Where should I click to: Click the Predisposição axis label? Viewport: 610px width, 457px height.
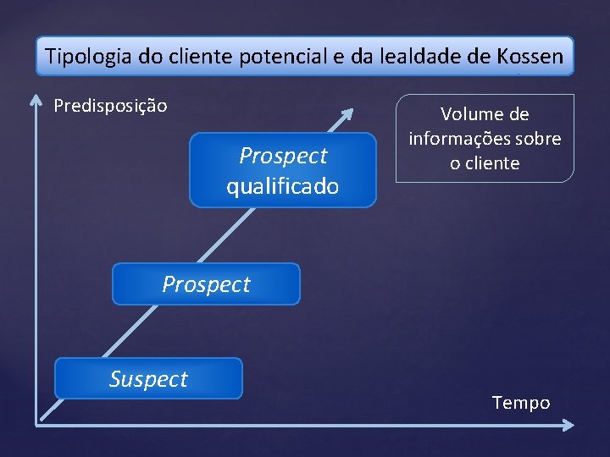110,106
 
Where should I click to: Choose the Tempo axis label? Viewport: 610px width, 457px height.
521,403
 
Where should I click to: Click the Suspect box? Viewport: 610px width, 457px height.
148,378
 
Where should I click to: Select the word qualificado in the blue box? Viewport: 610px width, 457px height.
282,185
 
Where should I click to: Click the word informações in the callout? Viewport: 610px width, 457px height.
463,139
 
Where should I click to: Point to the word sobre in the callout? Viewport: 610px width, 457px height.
541,139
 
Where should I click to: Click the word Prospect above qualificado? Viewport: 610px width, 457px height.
283,156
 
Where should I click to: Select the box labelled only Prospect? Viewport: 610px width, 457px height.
206,284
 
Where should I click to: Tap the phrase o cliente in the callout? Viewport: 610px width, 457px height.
485,162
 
